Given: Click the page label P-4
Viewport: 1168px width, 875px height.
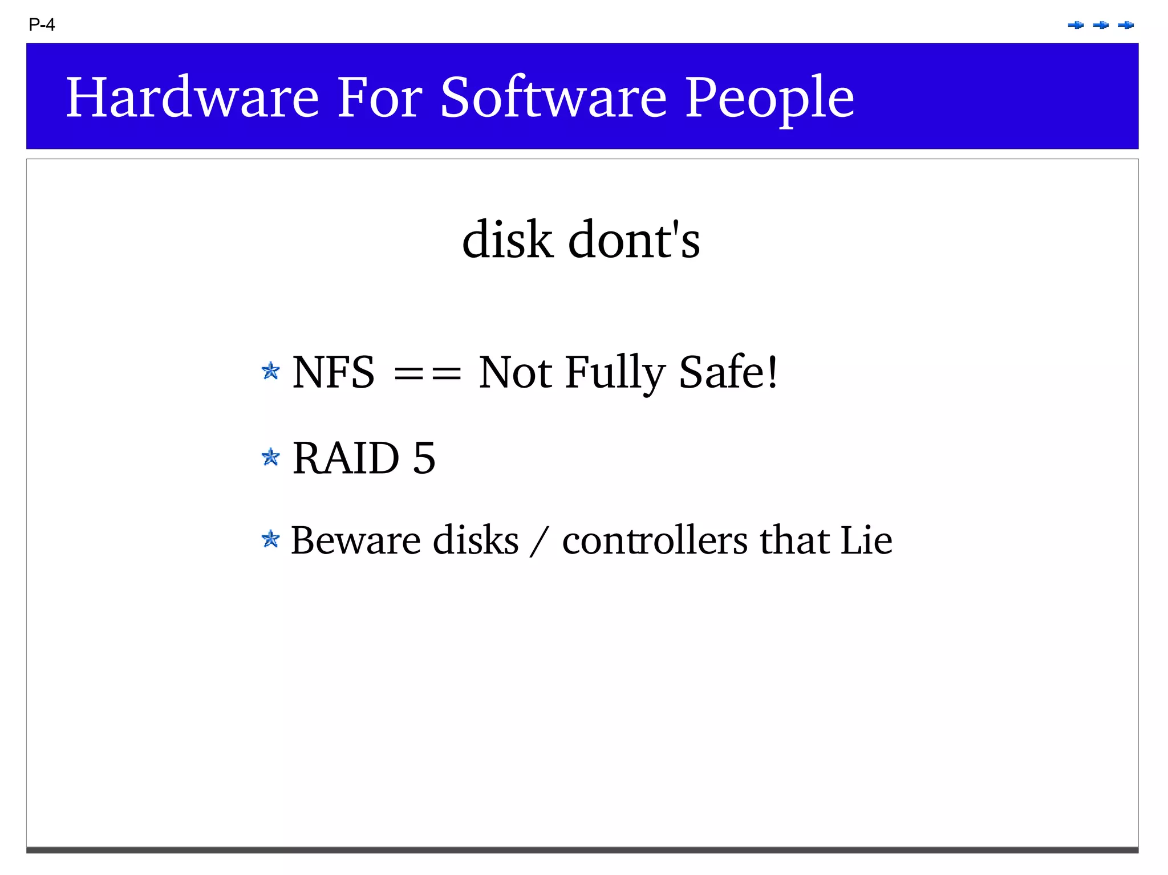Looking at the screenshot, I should (x=42, y=25).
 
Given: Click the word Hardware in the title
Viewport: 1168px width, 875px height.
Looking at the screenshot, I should (x=192, y=97).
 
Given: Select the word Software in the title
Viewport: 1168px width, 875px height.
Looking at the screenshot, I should (x=553, y=97).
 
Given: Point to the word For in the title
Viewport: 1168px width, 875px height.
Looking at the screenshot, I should (x=379, y=97).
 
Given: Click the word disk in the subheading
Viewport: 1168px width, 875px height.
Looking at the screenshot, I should (x=507, y=239).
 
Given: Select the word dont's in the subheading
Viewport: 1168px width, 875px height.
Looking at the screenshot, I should (x=634, y=239).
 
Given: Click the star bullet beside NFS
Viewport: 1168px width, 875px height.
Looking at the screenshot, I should (x=270, y=372).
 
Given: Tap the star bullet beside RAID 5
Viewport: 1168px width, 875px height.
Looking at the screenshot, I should (x=270, y=457).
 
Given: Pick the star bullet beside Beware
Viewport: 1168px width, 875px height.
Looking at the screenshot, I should (x=270, y=539).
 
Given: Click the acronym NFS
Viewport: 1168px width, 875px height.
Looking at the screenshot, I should (x=334, y=372).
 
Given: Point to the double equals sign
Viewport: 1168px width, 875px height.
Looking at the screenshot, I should (x=427, y=374).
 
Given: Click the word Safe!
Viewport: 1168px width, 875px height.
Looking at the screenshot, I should (x=728, y=372).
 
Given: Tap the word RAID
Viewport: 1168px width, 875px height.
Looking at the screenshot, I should (x=346, y=458).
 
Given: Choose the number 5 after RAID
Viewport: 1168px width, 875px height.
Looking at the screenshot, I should (x=424, y=458).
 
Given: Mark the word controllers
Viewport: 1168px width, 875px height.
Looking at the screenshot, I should (x=655, y=540).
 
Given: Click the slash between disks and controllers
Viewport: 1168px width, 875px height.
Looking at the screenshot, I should (x=540, y=542).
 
